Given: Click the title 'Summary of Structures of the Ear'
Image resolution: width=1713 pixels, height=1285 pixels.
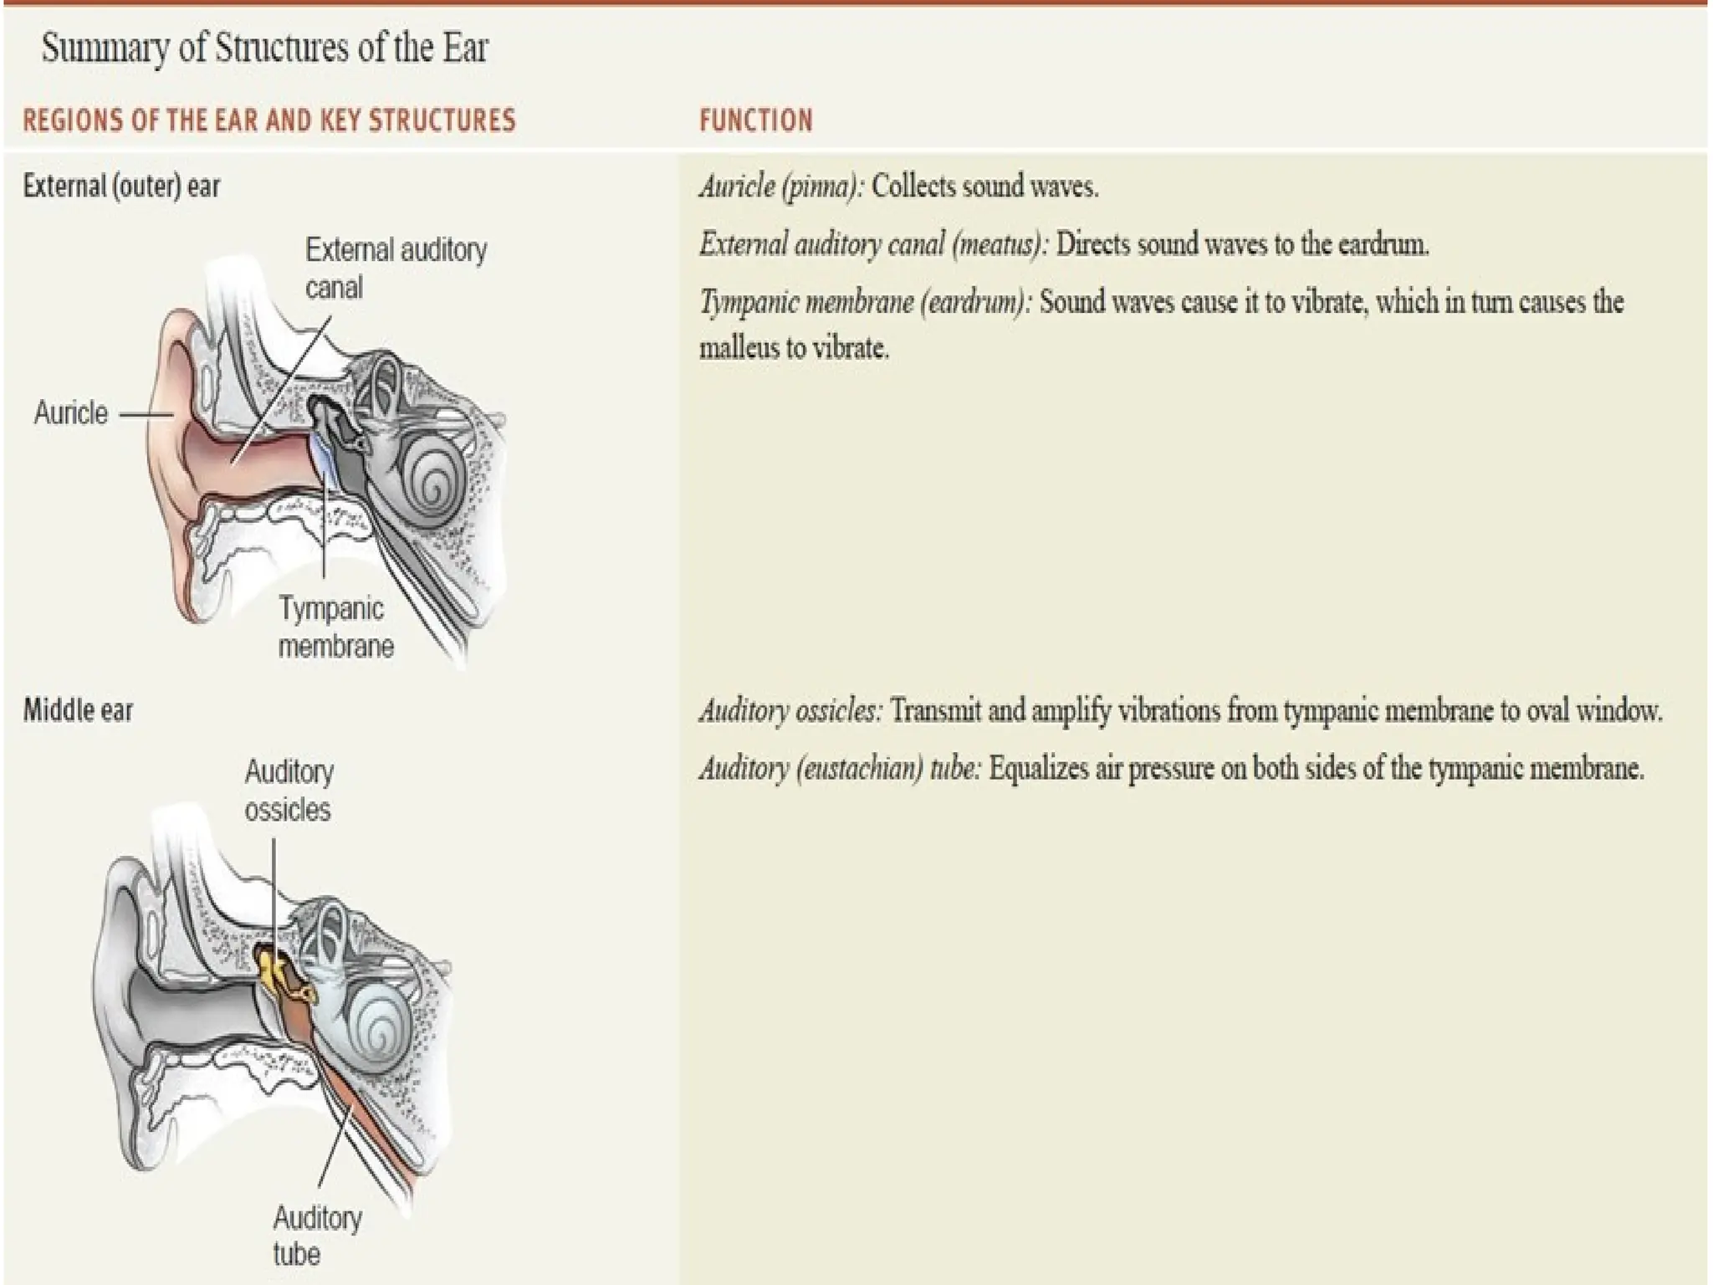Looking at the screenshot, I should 264,49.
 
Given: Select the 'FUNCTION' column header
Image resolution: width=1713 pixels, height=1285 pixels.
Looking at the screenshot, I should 755,120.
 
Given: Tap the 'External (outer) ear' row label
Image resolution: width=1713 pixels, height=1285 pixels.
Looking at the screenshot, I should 121,186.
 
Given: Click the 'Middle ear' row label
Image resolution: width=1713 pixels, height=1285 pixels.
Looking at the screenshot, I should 78,710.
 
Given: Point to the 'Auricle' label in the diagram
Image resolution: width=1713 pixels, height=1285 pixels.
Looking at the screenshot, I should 71,413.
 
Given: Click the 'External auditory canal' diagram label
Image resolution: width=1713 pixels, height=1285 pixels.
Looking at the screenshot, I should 395,268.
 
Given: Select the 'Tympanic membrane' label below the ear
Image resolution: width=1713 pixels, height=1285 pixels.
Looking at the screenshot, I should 335,627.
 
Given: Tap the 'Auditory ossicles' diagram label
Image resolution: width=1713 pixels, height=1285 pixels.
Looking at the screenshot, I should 289,790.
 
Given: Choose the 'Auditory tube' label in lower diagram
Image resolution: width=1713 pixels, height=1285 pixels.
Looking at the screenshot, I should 316,1236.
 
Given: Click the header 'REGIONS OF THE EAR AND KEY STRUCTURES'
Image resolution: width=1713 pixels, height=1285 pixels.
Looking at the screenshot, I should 269,120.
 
